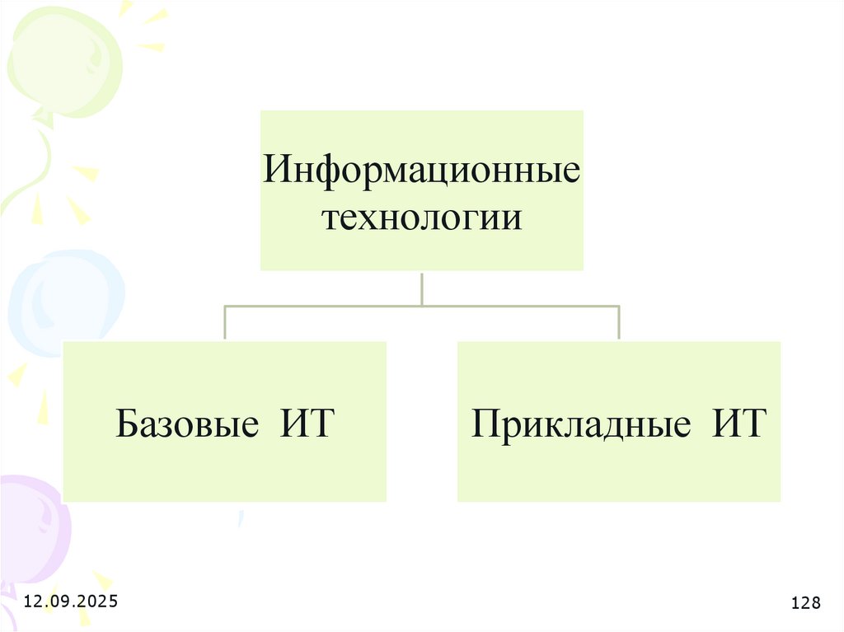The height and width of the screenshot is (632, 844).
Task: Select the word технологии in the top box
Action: pos(421,220)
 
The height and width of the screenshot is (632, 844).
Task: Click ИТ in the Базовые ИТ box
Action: pos(307,424)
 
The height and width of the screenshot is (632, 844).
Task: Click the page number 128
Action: pos(805,604)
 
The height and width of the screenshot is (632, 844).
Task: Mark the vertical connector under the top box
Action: pos(421,288)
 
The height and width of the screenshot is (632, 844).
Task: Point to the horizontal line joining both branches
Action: pos(421,306)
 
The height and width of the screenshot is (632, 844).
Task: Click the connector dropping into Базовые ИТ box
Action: pos(225,323)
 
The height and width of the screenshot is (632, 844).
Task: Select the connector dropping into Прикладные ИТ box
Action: pos(618,323)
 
